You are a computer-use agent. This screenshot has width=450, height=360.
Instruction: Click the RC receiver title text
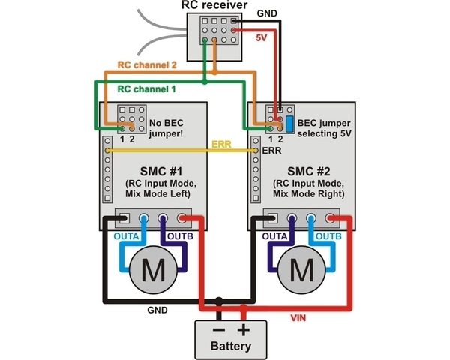point(214,6)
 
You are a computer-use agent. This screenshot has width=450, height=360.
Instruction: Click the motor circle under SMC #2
point(302,268)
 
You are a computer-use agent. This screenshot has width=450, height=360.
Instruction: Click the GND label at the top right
point(267,13)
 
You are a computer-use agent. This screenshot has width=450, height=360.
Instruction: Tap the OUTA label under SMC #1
point(126,236)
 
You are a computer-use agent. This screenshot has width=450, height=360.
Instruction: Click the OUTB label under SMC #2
point(328,236)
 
